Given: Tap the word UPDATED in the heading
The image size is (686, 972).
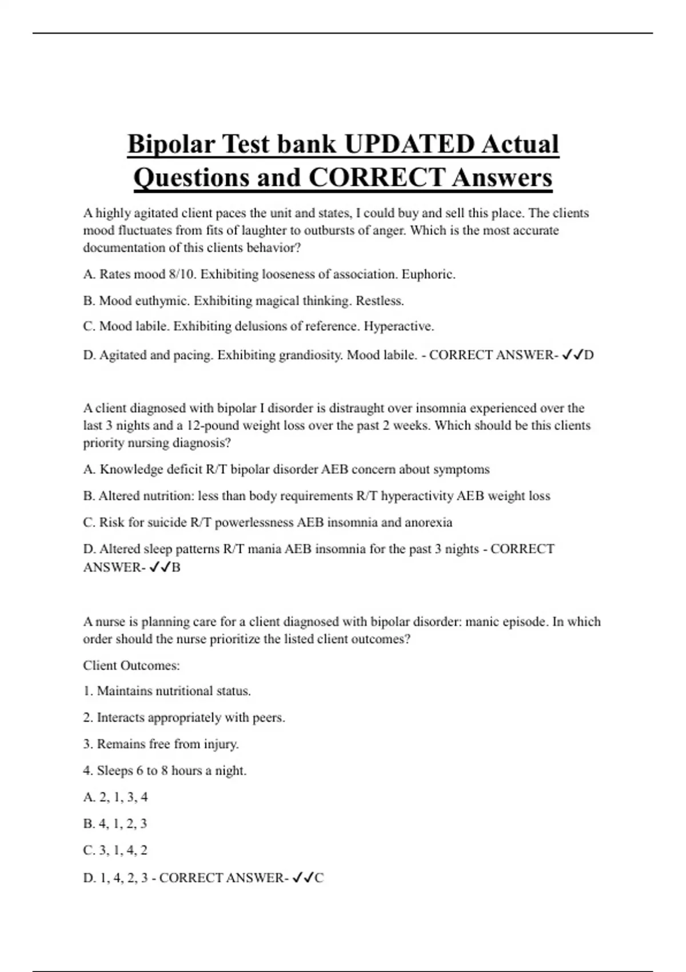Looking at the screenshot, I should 409,144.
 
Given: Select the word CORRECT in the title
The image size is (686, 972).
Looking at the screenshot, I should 376,177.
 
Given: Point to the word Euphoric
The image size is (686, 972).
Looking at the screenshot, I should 428,274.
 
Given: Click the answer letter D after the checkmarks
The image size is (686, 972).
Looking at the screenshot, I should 589,355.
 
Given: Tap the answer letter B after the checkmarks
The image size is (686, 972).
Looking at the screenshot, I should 176,567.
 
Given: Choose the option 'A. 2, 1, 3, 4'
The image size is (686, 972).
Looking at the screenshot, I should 115,797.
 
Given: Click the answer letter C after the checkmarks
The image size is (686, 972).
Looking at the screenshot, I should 319,878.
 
